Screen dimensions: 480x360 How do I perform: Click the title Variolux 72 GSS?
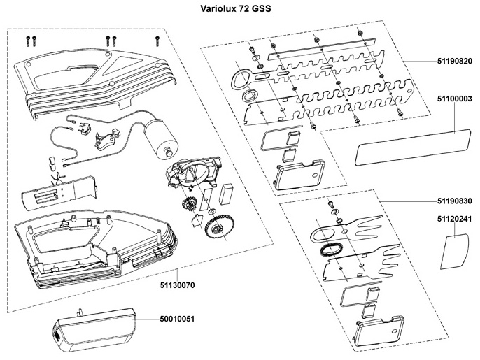[235, 8]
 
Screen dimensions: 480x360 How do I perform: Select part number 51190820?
[454, 62]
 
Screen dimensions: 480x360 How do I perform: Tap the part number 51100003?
[454, 99]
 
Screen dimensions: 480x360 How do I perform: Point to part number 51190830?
[454, 201]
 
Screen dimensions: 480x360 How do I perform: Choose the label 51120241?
[454, 219]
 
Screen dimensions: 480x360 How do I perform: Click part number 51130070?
[177, 285]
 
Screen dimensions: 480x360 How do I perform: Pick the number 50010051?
[177, 319]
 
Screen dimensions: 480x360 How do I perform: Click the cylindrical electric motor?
[160, 138]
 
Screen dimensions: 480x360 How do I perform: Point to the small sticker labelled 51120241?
[456, 250]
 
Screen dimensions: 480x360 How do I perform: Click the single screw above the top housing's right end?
[157, 41]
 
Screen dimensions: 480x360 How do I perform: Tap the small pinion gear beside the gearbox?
[188, 203]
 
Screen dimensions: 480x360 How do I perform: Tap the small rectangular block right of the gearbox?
[227, 194]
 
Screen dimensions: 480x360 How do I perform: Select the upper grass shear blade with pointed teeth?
[346, 229]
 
